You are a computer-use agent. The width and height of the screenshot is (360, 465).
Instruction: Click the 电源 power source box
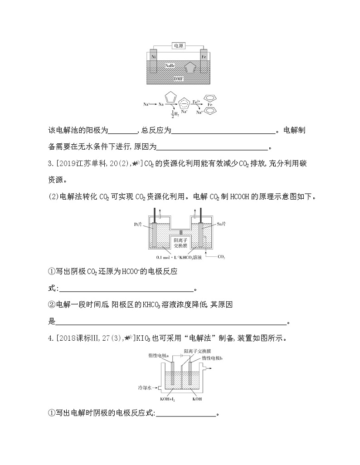click(179, 45)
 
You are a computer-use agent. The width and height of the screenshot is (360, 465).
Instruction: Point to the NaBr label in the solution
click(170, 66)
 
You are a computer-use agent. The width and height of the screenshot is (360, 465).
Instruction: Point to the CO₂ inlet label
click(221, 257)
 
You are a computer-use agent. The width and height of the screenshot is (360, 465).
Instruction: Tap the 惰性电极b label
click(215, 358)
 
